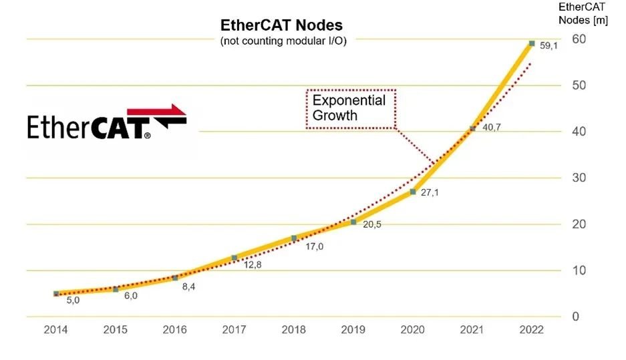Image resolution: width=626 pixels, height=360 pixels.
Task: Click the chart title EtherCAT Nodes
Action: coord(281,25)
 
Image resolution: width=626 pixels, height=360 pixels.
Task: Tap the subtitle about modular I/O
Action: coord(283,41)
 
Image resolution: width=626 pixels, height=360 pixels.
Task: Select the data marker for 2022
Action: coord(532,43)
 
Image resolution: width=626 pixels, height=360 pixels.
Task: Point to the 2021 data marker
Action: coord(472,128)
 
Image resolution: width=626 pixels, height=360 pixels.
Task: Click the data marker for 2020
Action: coord(413,192)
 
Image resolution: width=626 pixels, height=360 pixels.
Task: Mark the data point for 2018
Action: coord(294,238)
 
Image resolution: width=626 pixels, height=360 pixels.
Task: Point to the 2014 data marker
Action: coord(56,294)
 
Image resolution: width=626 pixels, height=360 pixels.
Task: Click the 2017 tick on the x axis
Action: coord(234,330)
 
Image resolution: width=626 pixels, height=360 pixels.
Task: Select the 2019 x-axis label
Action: coord(353,330)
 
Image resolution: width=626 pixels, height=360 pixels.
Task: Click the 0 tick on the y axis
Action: coord(576,317)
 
